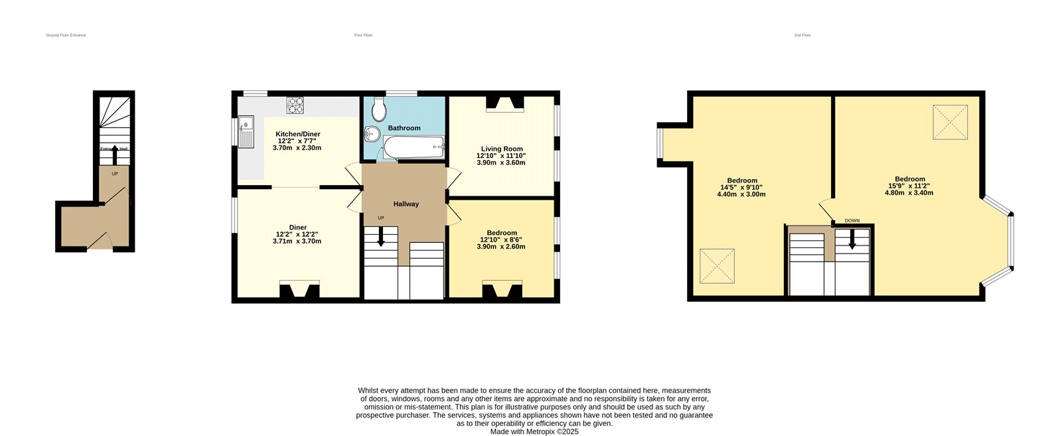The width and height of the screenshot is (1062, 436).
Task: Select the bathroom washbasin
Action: pos(371,135)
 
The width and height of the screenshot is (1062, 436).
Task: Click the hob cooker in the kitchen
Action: pos(295,104)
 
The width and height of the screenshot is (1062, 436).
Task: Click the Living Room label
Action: pos(502,149)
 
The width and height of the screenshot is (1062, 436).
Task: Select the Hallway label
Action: pos(406,204)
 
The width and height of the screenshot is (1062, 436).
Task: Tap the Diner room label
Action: pos(297,227)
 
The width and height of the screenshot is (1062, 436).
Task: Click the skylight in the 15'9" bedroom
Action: pos(950,122)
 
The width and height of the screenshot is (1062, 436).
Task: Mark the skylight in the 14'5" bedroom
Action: pos(717,265)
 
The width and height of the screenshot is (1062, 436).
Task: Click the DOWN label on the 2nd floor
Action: pos(852,220)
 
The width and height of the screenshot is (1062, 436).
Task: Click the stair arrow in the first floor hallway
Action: pos(380,236)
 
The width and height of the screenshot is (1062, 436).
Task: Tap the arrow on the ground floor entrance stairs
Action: pos(114,154)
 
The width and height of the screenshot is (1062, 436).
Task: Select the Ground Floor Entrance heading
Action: pos(66,35)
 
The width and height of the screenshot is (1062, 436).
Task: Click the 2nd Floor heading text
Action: pos(802,35)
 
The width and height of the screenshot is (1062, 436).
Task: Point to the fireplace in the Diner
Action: pos(299,290)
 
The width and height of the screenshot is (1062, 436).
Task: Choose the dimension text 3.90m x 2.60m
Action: pos(500,246)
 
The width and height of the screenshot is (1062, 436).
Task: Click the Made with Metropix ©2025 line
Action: pos(534,431)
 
